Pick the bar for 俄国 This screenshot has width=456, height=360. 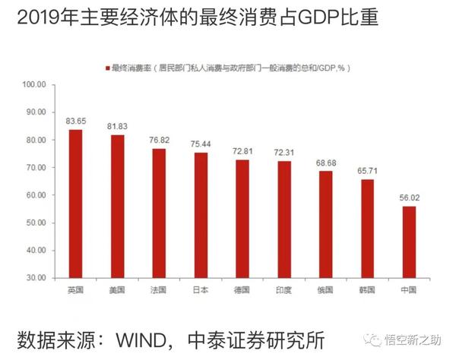(325, 224)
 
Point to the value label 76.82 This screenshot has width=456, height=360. (158, 141)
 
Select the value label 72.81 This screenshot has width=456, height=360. (242, 152)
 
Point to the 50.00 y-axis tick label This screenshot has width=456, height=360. (36, 223)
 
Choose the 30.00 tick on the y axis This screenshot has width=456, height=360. (36, 277)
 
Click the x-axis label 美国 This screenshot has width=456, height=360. (116, 290)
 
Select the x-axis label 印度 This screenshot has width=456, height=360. (283, 290)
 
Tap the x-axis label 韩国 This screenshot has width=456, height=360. (367, 290)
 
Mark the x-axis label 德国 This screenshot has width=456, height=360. (242, 290)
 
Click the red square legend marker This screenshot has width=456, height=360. (107, 68)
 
